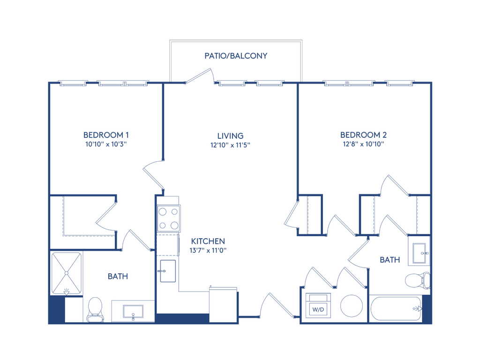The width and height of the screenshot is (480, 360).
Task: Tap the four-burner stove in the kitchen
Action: tap(168, 218)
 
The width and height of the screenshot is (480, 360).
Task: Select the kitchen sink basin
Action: tap(168, 271)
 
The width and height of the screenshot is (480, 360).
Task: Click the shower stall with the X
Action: tap(67, 273)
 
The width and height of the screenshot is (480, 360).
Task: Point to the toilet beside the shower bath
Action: tap(95, 309)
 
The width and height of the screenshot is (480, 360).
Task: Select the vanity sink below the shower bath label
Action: tap(133, 311)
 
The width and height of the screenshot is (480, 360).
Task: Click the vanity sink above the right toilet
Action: tap(419, 252)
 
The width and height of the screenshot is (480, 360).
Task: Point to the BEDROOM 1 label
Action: tap(106, 135)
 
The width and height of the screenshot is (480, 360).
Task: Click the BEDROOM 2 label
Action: tap(364, 135)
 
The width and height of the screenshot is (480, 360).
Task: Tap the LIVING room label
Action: tap(230, 136)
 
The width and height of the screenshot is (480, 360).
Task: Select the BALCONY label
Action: tap(236, 55)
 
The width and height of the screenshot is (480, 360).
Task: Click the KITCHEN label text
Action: tap(208, 241)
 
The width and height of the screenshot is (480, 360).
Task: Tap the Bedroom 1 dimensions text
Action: tap(106, 145)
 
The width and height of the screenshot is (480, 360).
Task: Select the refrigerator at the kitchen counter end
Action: tap(223, 305)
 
